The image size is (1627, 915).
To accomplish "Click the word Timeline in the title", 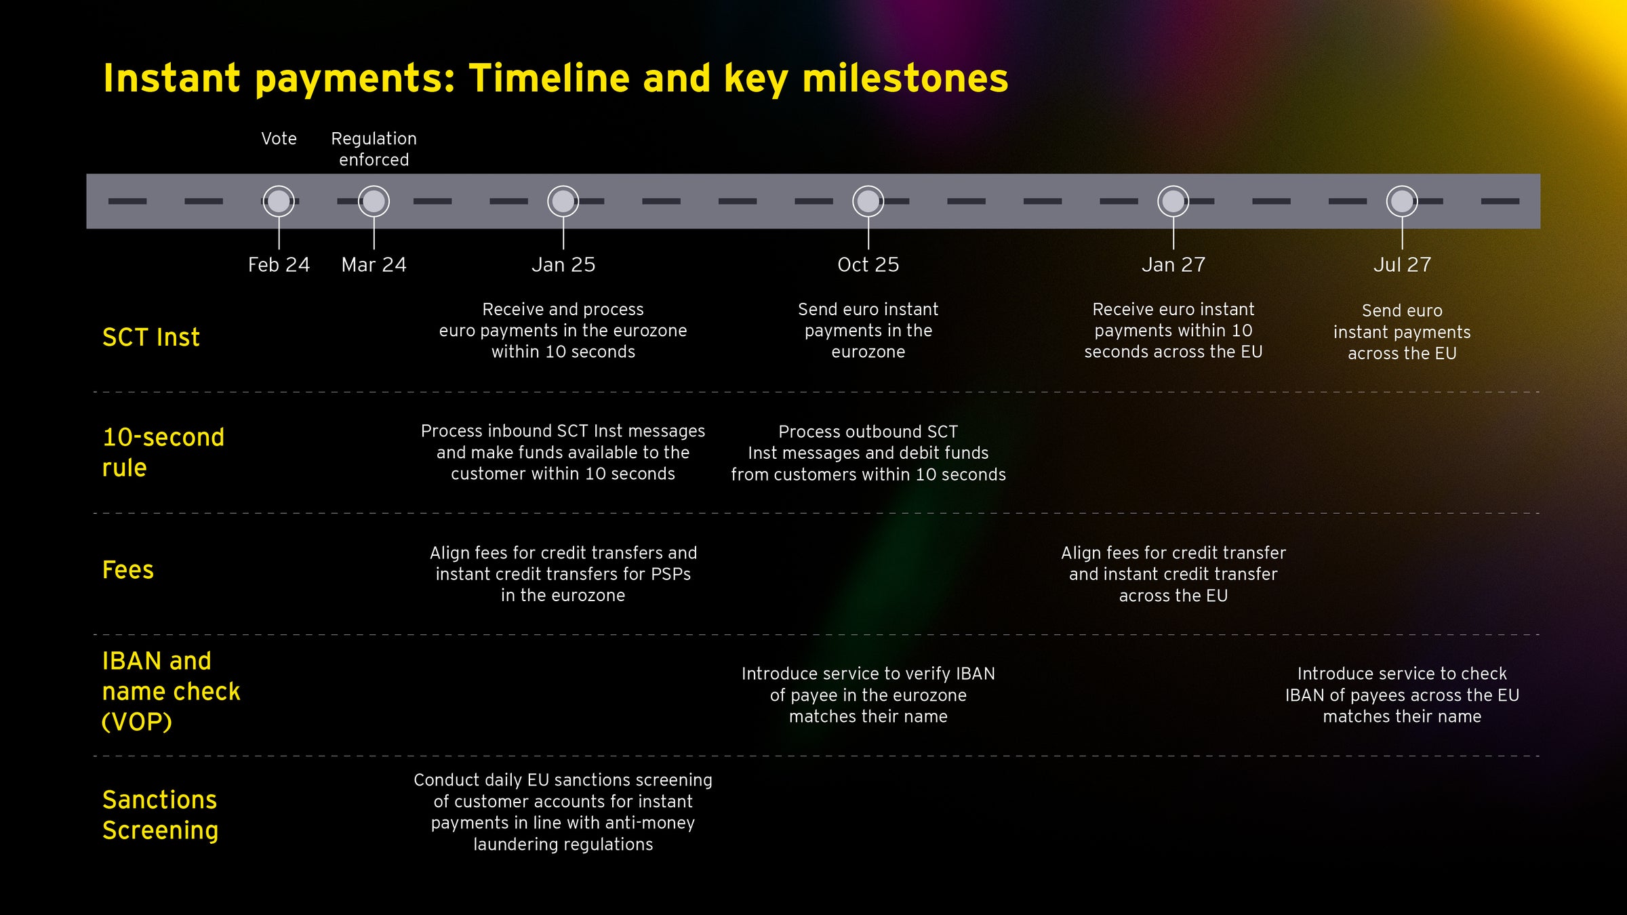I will tap(548, 78).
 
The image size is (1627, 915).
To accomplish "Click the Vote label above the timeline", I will tap(279, 139).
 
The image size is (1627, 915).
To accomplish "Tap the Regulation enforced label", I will tap(374, 149).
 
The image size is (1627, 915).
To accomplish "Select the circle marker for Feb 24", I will tap(279, 201).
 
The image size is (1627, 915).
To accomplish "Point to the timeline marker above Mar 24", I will tap(374, 201).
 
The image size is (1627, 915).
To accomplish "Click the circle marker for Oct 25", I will tap(868, 201).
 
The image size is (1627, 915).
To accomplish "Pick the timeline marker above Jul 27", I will tap(1402, 201).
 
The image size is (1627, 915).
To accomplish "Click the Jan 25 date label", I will tap(563, 265).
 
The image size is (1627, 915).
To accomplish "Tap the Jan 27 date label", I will tap(1173, 265).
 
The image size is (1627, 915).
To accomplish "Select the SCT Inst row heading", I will tap(150, 338).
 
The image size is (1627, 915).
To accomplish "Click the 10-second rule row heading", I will tap(163, 452).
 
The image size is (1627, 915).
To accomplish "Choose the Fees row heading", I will tap(127, 570).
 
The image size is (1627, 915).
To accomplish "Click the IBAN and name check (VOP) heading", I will tap(170, 691).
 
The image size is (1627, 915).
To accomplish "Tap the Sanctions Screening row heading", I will tap(160, 815).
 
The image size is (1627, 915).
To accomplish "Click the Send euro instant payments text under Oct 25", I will tap(868, 331).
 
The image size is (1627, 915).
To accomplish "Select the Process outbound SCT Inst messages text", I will tap(868, 453).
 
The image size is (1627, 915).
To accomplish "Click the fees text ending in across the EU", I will tap(1173, 574).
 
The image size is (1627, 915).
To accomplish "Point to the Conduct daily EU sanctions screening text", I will tap(563, 812).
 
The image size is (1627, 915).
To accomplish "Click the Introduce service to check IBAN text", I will tap(1402, 695).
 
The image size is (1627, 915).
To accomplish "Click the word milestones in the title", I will tap(905, 78).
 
